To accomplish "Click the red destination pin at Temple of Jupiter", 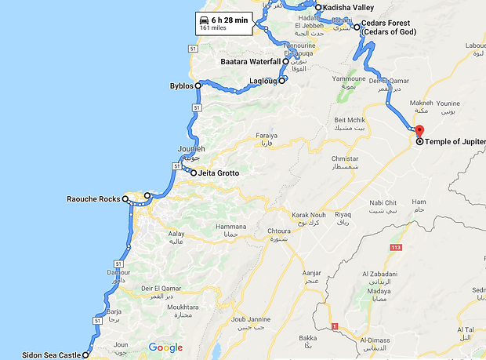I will click(419, 132).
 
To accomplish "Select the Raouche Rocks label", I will click(92, 199).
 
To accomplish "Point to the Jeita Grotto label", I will click(219, 173).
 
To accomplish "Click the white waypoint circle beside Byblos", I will click(198, 85).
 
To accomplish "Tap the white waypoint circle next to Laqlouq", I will click(281, 80).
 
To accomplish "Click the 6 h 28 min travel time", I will click(230, 19).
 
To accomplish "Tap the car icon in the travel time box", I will click(205, 19).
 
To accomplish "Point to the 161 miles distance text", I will click(213, 28).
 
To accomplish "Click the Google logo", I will click(165, 347).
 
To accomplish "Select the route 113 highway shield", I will click(395, 248).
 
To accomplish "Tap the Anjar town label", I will click(311, 274).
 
